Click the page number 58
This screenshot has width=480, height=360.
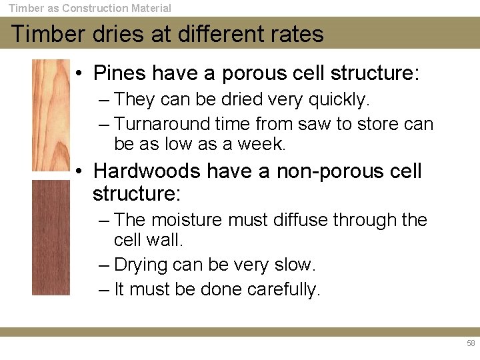tap(471, 343)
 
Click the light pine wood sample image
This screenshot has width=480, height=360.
tap(51, 114)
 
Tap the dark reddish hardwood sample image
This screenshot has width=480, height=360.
tap(51, 237)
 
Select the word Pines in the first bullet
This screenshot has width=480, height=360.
tap(123, 73)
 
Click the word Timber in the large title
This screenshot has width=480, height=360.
tap(45, 34)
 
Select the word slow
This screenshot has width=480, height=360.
tap(294, 265)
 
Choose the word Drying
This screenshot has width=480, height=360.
tap(141, 265)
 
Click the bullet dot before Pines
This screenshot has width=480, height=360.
tap(79, 73)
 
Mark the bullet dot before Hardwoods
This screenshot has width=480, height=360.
tap(79, 171)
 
